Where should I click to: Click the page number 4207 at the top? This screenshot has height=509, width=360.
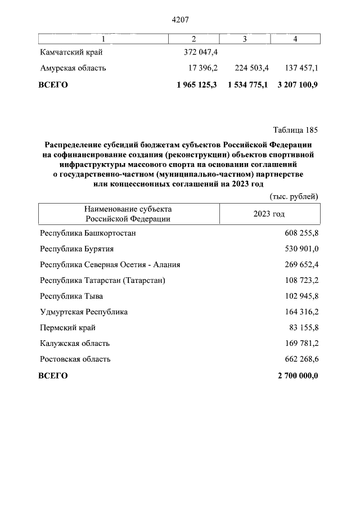(x=179, y=20)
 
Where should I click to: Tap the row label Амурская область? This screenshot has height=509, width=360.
(x=73, y=68)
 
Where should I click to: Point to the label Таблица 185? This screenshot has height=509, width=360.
(x=295, y=130)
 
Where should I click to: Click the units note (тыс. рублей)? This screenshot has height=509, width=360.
(x=291, y=196)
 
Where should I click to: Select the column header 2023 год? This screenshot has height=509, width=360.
(x=269, y=214)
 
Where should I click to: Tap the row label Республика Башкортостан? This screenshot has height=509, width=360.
(x=88, y=232)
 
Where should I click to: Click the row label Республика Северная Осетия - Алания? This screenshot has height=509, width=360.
(x=110, y=264)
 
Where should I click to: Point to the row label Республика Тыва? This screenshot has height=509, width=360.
(x=71, y=295)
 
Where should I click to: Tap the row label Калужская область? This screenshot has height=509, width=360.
(x=75, y=343)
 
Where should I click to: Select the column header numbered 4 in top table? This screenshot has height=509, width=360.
(x=295, y=38)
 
